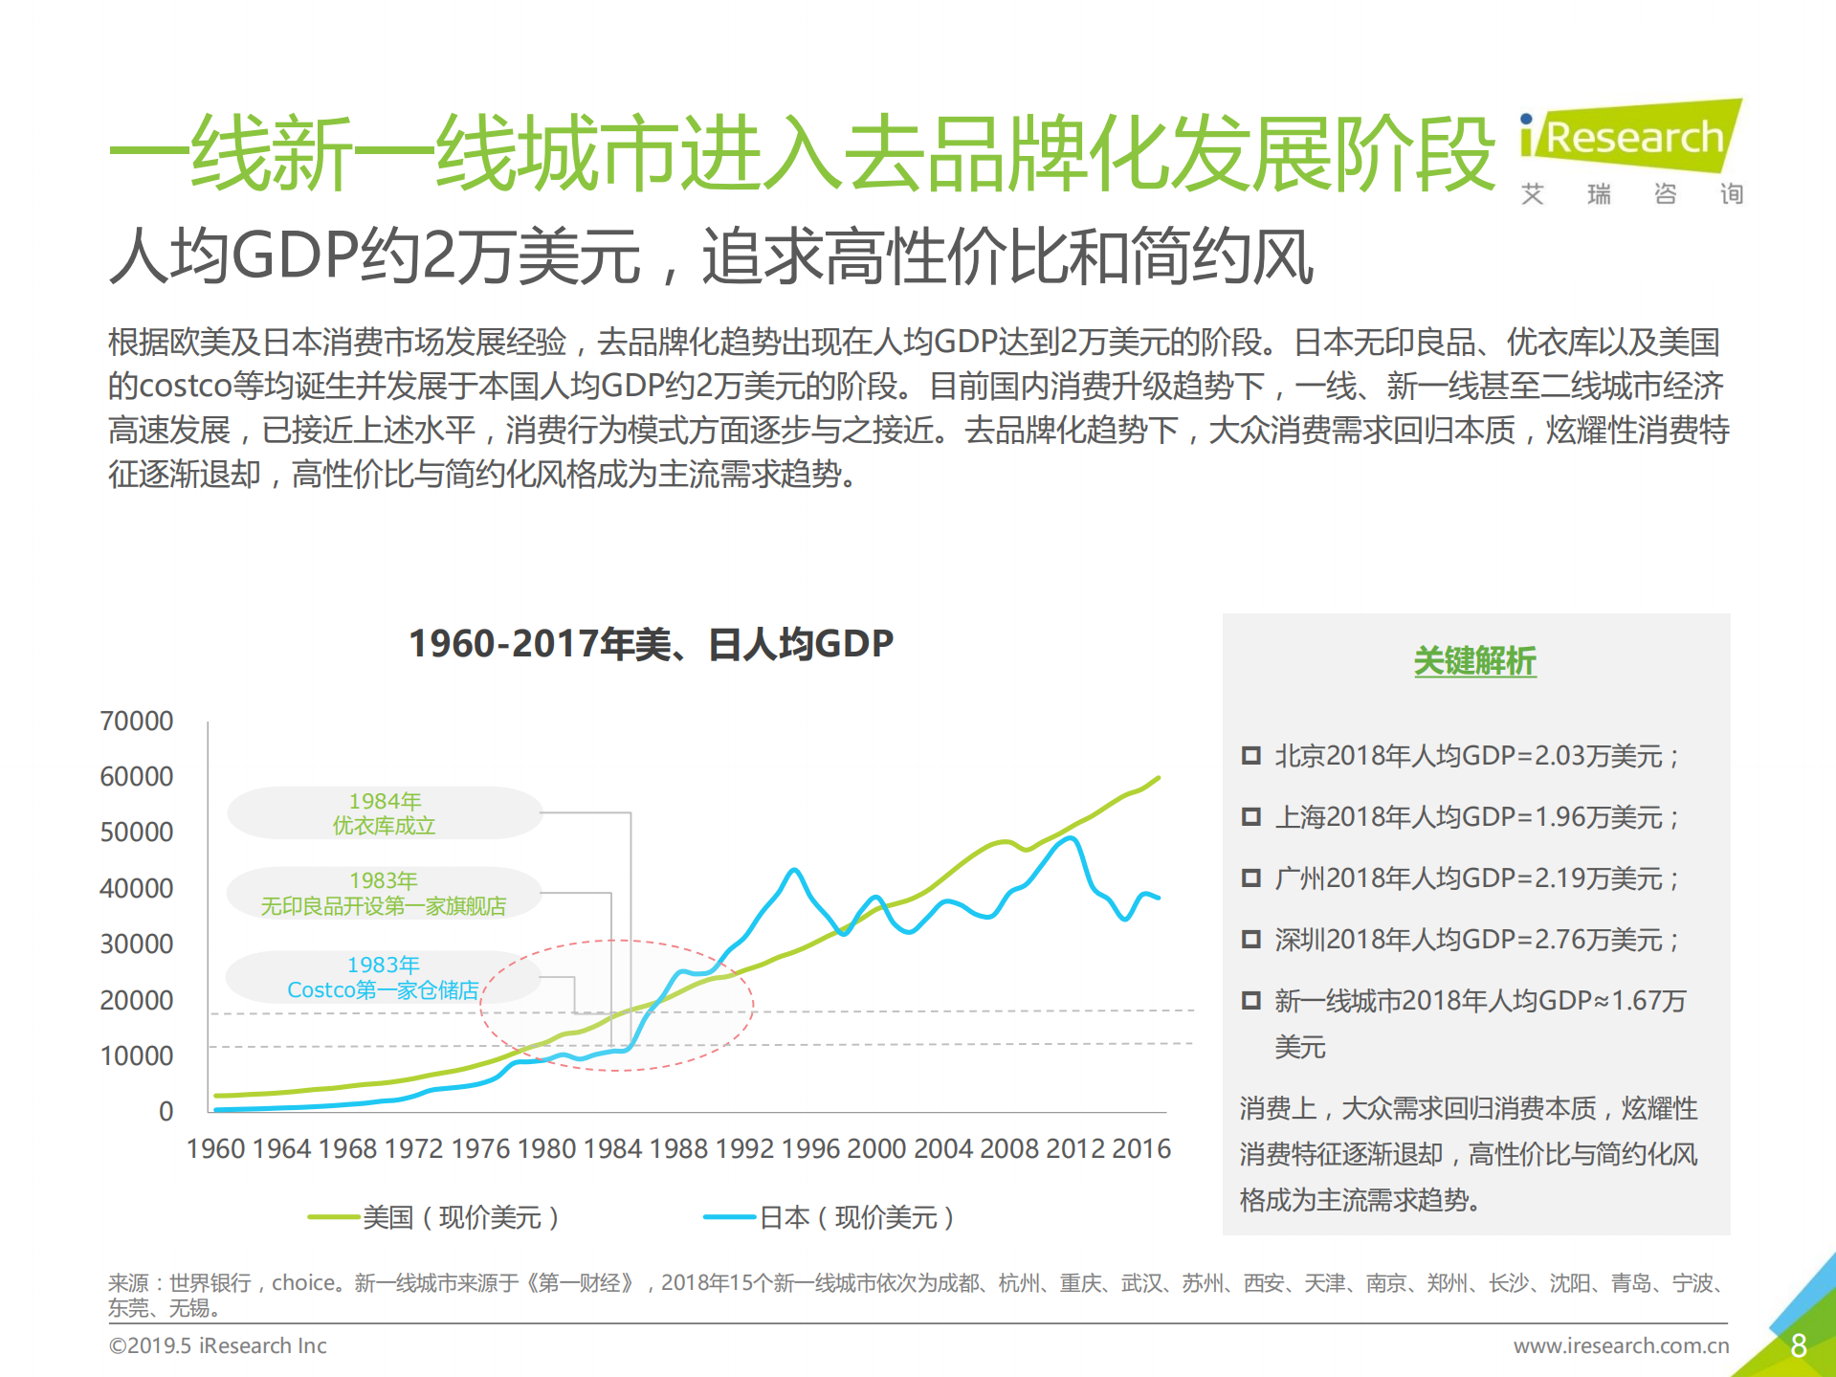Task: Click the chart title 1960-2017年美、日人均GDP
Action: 651,643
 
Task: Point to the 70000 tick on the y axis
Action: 137,721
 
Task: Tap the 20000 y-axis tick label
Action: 137,1000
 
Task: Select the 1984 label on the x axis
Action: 612,1148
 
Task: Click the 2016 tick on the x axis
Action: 1141,1148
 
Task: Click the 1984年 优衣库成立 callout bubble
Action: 385,813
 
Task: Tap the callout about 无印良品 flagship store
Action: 384,894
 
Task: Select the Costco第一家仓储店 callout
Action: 383,977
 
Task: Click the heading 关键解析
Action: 1474,660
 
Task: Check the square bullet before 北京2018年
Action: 1250,756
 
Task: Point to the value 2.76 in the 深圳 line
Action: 1559,940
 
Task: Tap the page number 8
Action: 1798,1345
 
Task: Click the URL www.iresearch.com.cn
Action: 1621,1345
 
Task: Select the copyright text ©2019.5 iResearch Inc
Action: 218,1345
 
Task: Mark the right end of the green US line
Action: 1159,778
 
